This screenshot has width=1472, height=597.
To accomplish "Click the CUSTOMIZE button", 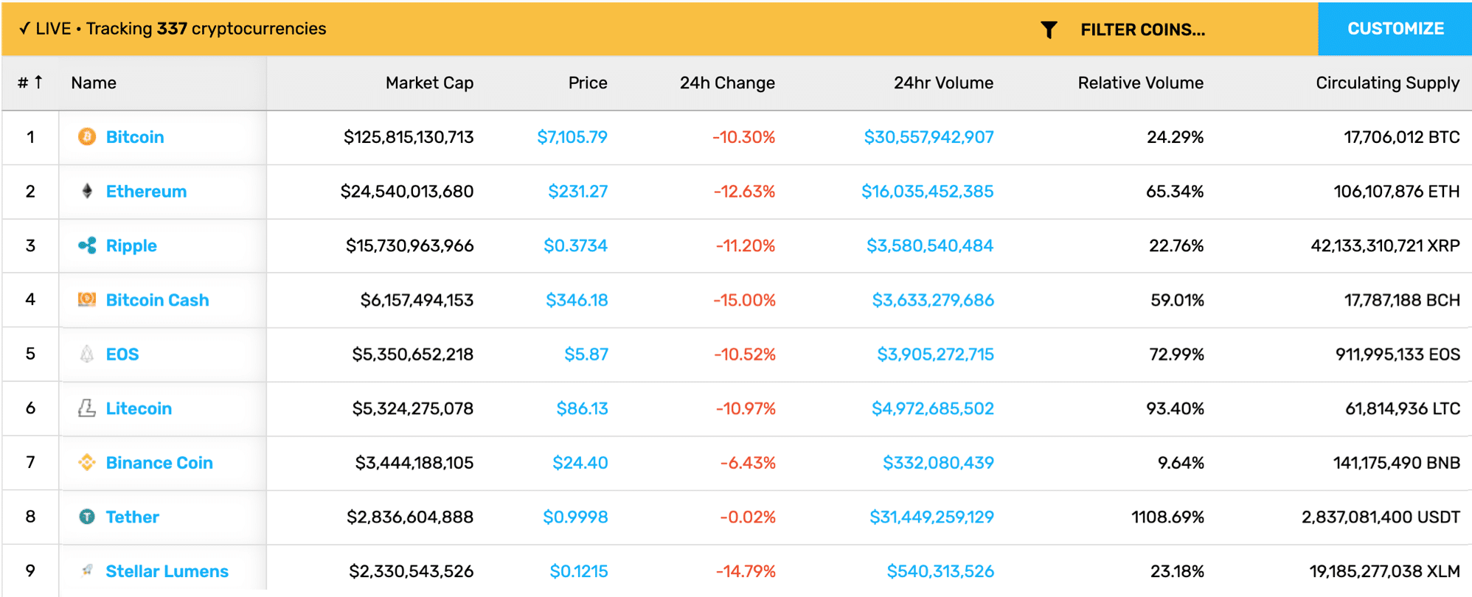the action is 1395,29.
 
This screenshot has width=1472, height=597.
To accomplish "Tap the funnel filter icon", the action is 1049,29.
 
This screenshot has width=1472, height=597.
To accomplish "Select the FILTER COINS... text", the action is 1142,29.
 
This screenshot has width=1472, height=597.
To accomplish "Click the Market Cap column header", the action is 429,83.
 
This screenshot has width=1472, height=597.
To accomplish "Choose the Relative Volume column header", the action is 1140,83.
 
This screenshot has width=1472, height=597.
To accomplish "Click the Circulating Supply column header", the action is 1387,83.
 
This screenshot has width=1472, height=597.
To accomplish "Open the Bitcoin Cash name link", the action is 157,300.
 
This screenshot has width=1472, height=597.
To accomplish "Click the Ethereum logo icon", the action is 87,192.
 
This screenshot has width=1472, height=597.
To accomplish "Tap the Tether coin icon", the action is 87,517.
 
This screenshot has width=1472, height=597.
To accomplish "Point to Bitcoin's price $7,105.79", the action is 572,137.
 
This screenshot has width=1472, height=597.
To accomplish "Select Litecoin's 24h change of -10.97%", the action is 746,408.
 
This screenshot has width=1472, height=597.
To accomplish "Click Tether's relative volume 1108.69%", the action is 1167,517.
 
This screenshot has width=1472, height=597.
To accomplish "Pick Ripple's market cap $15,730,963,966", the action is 409,245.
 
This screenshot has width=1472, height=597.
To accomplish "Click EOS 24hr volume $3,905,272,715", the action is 935,355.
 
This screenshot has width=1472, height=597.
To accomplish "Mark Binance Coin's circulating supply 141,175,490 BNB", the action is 1396,463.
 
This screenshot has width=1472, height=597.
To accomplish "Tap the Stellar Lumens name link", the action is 167,571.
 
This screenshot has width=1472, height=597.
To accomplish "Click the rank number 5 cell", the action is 30,354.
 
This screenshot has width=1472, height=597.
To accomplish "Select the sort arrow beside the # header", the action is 38,82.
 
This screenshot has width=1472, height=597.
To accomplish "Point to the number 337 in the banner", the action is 172,29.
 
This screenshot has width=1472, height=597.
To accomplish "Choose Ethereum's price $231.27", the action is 577,192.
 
